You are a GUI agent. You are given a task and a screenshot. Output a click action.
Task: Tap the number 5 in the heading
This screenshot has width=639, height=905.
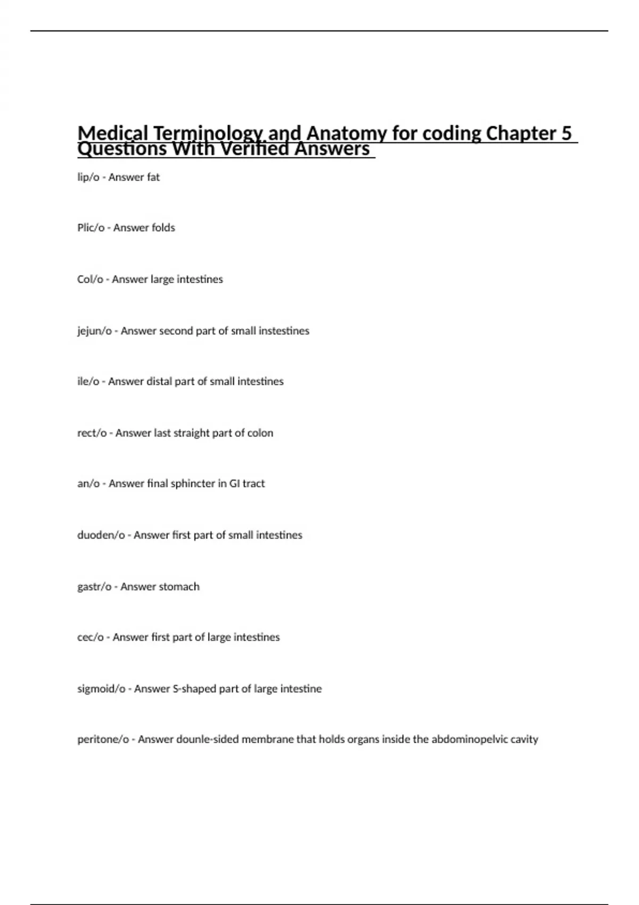point(566,133)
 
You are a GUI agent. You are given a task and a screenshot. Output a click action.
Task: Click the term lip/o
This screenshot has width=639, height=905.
point(88,177)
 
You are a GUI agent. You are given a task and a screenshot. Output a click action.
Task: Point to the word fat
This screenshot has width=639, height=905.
point(153,177)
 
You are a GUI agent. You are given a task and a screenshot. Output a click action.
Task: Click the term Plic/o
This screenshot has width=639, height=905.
point(91,228)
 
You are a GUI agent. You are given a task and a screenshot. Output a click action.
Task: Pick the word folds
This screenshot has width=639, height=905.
point(162,228)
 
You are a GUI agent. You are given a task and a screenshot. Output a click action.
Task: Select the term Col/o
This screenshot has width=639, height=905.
point(90,279)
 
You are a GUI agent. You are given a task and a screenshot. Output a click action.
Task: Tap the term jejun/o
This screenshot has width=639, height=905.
point(94,331)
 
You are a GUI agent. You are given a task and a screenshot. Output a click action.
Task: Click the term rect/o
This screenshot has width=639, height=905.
point(92,433)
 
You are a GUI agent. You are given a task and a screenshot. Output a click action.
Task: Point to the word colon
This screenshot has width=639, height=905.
point(260,433)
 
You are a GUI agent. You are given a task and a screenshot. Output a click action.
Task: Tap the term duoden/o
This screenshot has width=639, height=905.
point(101,535)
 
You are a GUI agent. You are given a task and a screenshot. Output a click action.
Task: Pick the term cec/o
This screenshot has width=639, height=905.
point(91,637)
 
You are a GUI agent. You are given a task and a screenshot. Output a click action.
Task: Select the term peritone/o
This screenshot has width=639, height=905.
point(103,739)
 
